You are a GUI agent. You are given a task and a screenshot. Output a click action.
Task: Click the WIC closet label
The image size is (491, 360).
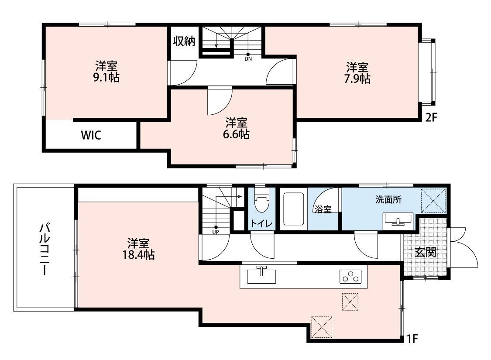click(x=91, y=135)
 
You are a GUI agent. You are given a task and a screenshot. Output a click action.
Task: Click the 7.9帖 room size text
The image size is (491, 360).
click(x=358, y=79)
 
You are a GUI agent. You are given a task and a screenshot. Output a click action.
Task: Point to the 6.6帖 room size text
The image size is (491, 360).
click(x=237, y=134)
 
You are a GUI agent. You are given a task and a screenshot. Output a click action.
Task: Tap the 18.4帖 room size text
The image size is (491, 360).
click(x=139, y=255)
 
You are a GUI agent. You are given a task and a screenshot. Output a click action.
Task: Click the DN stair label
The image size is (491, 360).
click(x=248, y=58)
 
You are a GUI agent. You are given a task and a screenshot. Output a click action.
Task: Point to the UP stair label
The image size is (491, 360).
click(x=216, y=232)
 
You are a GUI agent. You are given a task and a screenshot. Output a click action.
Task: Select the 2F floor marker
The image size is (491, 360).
click(x=431, y=117)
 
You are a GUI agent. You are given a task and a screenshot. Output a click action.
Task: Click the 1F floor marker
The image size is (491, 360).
click(x=413, y=339)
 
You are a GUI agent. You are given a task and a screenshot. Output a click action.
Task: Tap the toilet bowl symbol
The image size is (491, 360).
click(x=261, y=205)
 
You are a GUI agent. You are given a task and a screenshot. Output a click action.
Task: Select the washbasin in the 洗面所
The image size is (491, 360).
click(x=398, y=220)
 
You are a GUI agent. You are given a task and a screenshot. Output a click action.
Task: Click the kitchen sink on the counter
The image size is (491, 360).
click(x=261, y=276)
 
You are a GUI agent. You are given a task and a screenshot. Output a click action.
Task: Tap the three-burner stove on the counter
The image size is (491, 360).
click(x=350, y=276)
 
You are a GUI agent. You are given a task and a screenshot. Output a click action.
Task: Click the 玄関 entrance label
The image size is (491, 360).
click(x=425, y=252)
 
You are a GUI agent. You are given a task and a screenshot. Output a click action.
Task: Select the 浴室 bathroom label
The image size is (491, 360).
click(x=323, y=209)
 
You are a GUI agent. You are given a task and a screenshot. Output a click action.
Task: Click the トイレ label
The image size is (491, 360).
click(x=261, y=223)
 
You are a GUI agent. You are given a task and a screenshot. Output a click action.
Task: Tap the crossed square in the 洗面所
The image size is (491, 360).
click(x=433, y=200)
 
